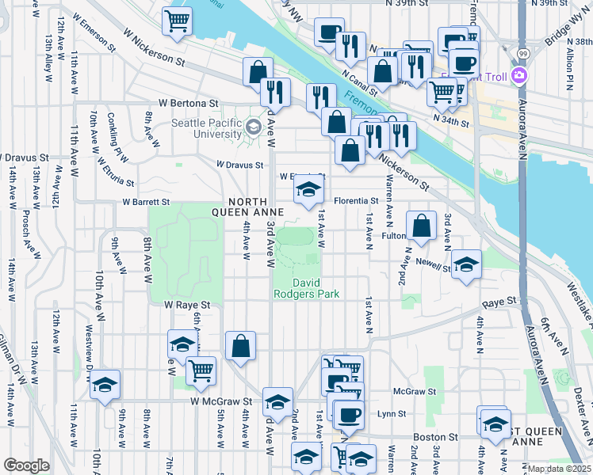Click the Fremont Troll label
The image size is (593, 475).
pos(482,76)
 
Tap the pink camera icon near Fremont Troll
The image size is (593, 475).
pos(520,76)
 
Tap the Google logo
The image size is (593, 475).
pos(26,465)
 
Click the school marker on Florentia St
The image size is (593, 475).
pos(308,188)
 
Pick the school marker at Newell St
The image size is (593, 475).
pos(466,264)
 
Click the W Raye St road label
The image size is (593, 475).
pos(187,305)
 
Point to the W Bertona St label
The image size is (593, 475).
pos(188,103)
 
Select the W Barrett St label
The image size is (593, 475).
pos(146,203)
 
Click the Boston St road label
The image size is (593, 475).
pos(442,436)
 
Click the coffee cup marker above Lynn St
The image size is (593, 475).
pos(347,413)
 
